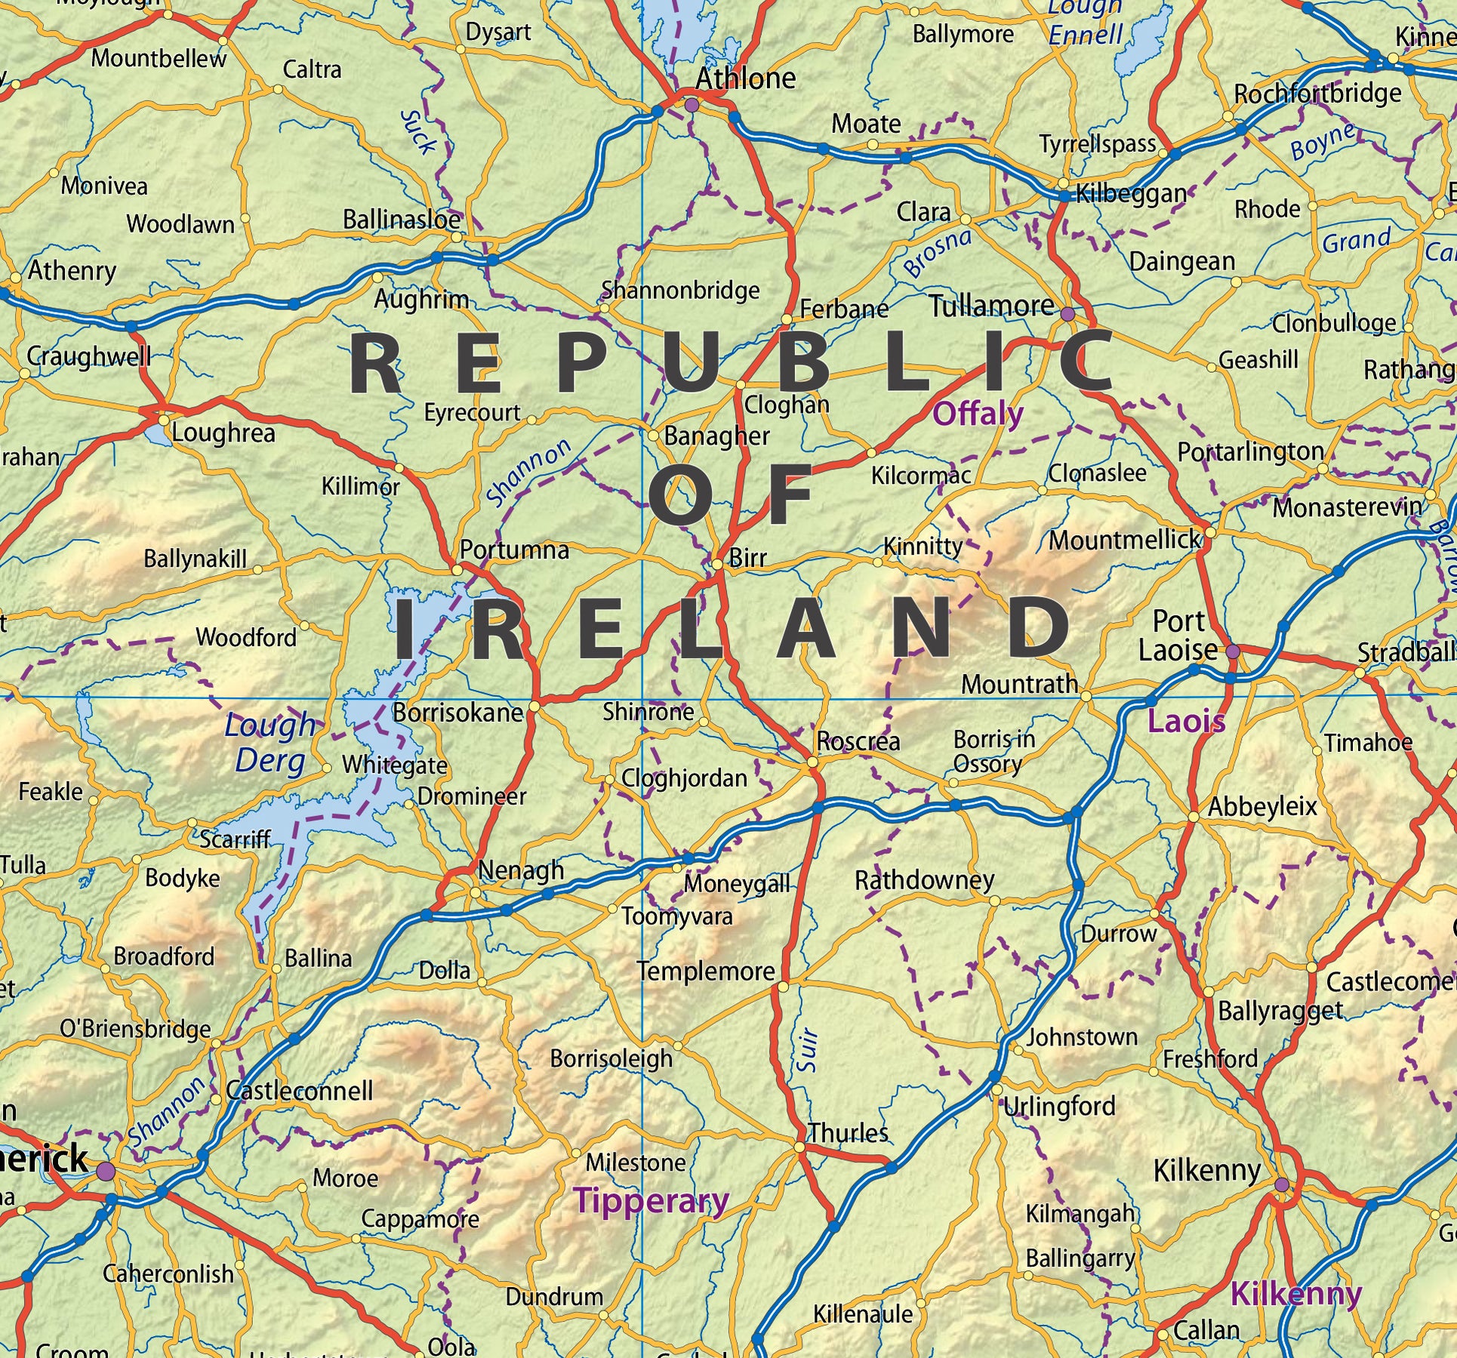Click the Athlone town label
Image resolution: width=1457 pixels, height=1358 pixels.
745,79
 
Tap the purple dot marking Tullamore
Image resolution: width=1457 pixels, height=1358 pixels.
1067,313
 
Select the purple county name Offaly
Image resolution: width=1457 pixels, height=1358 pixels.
978,414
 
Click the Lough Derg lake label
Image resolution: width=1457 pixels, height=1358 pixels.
270,743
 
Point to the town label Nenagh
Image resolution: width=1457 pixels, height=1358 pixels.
521,870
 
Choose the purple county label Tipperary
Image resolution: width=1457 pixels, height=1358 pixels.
651,1200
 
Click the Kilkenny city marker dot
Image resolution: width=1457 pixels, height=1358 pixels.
1282,1184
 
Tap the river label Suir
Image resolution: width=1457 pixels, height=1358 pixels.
807,1049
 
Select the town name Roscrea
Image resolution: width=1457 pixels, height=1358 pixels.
858,741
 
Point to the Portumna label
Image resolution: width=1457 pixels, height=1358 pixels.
514,550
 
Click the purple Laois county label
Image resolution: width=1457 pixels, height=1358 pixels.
1186,722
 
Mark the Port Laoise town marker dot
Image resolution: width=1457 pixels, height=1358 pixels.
1233,651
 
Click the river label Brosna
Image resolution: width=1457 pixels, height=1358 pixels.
937,252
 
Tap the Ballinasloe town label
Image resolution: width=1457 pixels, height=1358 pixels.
402,220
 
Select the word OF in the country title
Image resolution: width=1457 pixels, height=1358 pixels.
730,496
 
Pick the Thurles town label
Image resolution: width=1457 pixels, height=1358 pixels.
849,1133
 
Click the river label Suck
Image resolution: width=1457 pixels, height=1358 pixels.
417,132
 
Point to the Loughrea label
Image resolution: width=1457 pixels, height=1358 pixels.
223,433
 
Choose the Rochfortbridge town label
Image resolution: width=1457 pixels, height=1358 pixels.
1317,94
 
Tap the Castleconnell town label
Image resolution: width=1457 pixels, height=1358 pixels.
300,1091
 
